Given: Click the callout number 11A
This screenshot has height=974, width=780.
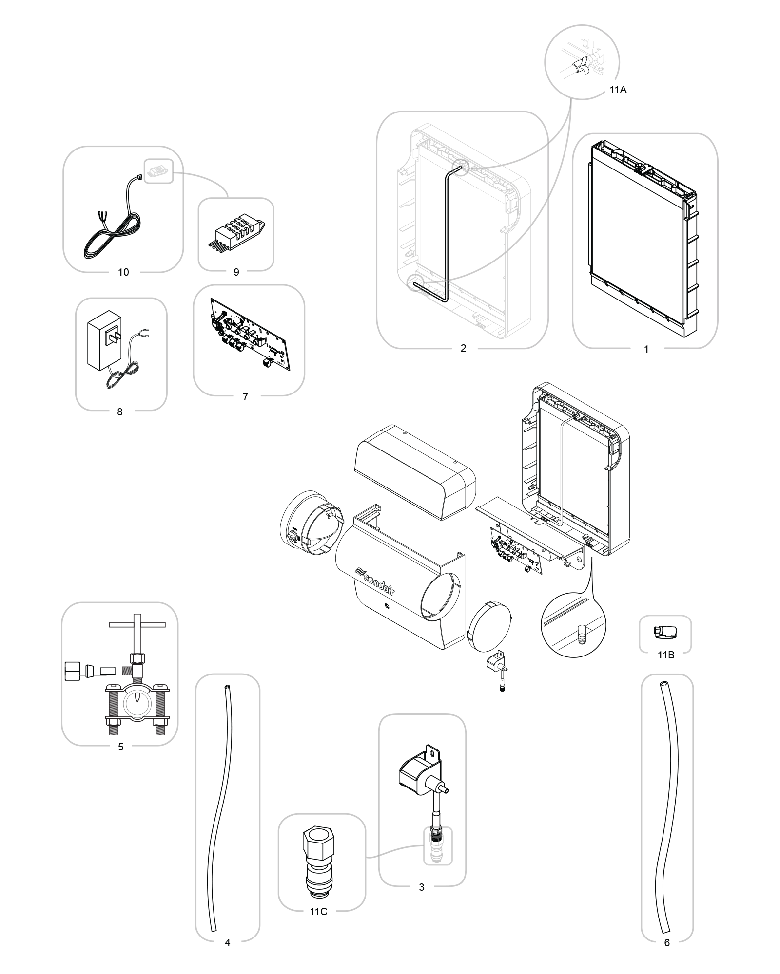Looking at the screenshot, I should (x=618, y=90).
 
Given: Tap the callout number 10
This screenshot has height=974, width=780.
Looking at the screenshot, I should (x=123, y=272).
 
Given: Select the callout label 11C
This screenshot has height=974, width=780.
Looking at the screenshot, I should (x=318, y=912).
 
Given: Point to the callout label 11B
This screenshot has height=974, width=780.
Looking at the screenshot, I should (x=665, y=655).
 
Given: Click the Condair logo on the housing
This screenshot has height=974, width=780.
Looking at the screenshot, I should (x=376, y=581).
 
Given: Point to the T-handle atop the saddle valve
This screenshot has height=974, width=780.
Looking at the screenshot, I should (x=137, y=624).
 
